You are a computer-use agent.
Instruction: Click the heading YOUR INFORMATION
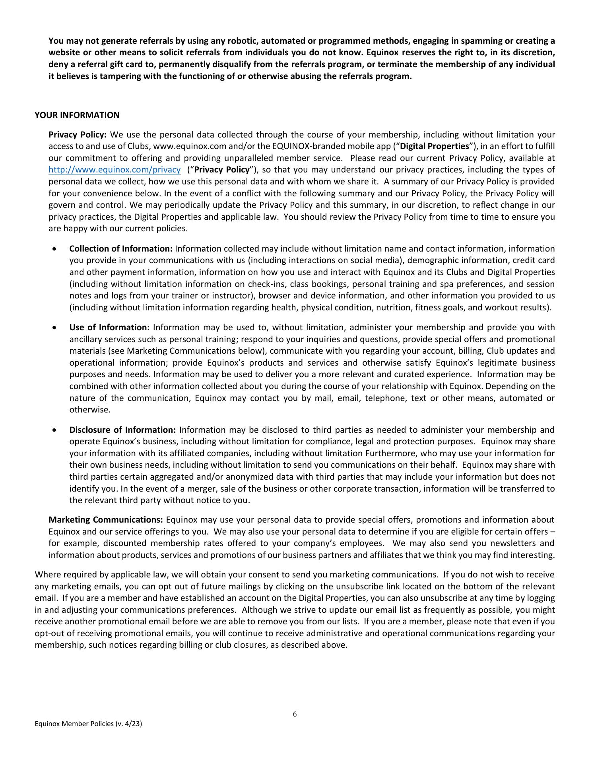[x=77, y=115]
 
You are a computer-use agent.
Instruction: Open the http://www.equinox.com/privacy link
[x=115, y=170]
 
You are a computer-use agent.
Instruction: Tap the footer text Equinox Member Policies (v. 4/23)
[x=88, y=735]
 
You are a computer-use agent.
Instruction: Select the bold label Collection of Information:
[x=121, y=249]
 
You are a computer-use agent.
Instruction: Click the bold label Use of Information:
[x=109, y=327]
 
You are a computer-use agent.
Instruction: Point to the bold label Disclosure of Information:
[x=122, y=430]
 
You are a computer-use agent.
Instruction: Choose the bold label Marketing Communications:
[x=106, y=520]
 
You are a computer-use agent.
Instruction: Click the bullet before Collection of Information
[x=54, y=249]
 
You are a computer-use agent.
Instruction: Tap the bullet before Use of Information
[x=54, y=328]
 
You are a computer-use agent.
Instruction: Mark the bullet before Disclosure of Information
[x=54, y=430]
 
